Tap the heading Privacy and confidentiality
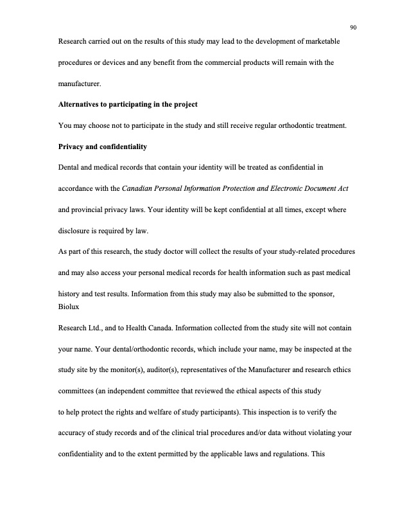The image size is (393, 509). click(103, 147)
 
